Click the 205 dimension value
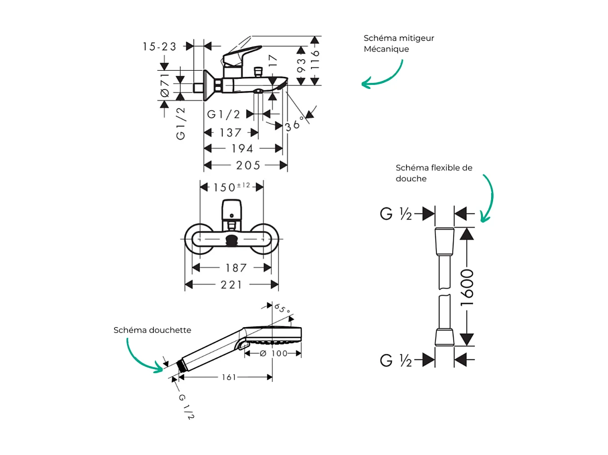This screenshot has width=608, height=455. coord(248,165)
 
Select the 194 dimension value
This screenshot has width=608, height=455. coord(242,149)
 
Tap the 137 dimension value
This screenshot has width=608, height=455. coord(230,133)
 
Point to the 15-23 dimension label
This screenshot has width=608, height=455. coord(159,47)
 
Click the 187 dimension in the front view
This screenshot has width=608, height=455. coord(236,268)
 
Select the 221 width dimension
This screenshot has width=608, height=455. coord(231,285)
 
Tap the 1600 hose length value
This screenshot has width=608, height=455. coord(467,287)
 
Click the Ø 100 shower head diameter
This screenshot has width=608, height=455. coord(273,353)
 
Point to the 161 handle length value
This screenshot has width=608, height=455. coord(228,377)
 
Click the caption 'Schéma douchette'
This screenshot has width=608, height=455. coord(152,330)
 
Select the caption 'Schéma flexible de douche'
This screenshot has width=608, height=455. coord(434,173)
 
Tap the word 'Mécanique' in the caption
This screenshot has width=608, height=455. coord(386,50)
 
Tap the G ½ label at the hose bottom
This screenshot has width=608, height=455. coord(396,360)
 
